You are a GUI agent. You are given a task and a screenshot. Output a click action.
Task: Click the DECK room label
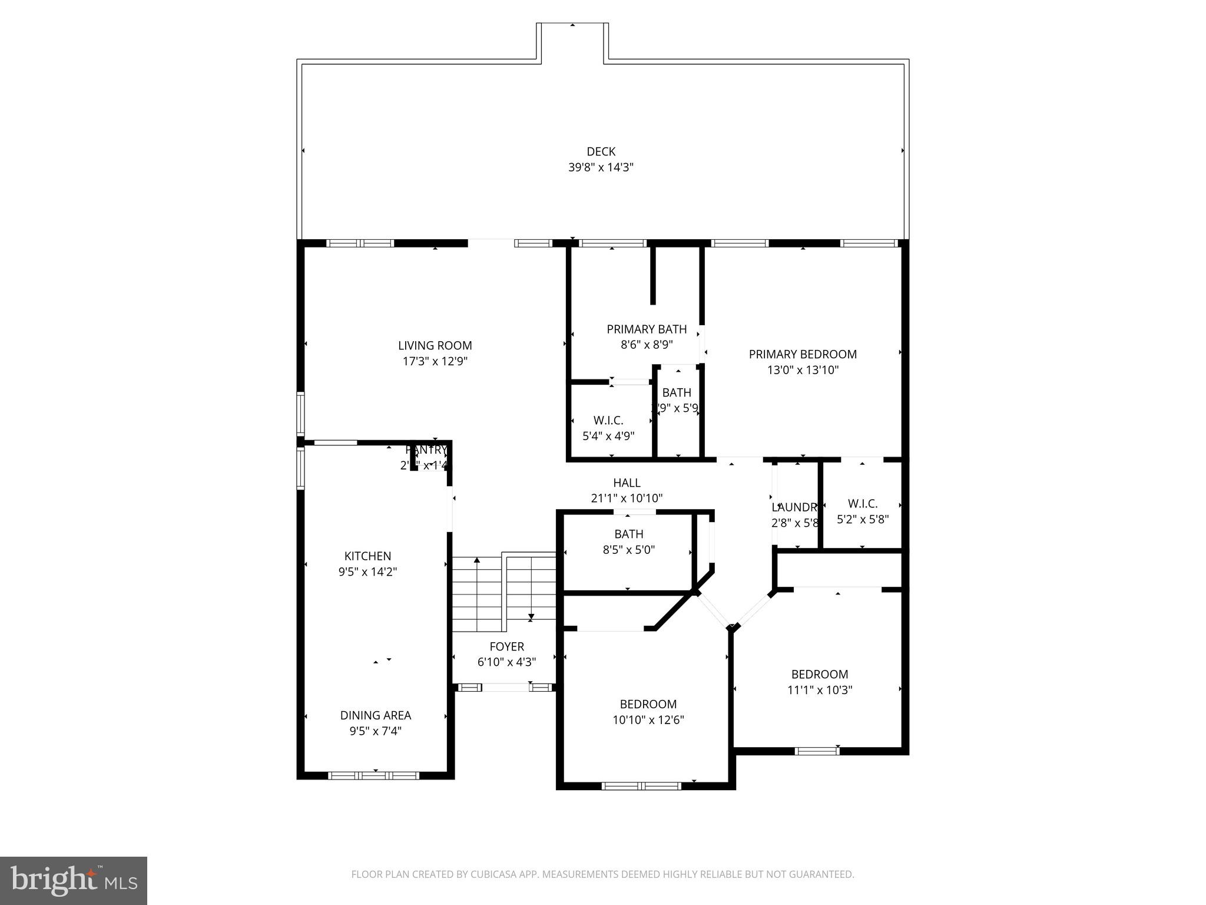[601, 151]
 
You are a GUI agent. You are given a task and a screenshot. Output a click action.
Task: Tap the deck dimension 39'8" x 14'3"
[601, 167]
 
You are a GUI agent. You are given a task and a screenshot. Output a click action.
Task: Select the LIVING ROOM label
[435, 345]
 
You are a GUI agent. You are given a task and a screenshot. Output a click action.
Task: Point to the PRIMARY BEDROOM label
[802, 354]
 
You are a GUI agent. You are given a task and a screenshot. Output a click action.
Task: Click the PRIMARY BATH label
[647, 329]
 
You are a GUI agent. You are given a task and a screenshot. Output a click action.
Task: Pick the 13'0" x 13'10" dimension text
[802, 370]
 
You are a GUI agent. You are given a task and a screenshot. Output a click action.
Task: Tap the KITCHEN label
[367, 556]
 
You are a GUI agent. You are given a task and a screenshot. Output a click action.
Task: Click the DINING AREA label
[375, 715]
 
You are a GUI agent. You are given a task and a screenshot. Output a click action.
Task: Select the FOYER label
[506, 646]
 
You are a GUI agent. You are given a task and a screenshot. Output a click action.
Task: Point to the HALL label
[627, 483]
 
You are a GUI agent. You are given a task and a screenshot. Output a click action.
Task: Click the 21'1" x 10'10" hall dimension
[627, 498]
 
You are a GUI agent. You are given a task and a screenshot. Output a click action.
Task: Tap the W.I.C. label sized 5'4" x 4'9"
[608, 420]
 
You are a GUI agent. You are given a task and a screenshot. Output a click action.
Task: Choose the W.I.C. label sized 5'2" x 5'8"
[862, 504]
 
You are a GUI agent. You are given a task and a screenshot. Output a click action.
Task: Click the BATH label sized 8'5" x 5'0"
[628, 534]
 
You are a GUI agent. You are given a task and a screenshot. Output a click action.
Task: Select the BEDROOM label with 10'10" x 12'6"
[648, 703]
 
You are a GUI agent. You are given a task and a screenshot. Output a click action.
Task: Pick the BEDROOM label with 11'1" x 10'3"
[819, 674]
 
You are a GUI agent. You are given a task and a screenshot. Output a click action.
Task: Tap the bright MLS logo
[74, 880]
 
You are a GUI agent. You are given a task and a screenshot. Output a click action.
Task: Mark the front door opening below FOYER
[505, 687]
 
